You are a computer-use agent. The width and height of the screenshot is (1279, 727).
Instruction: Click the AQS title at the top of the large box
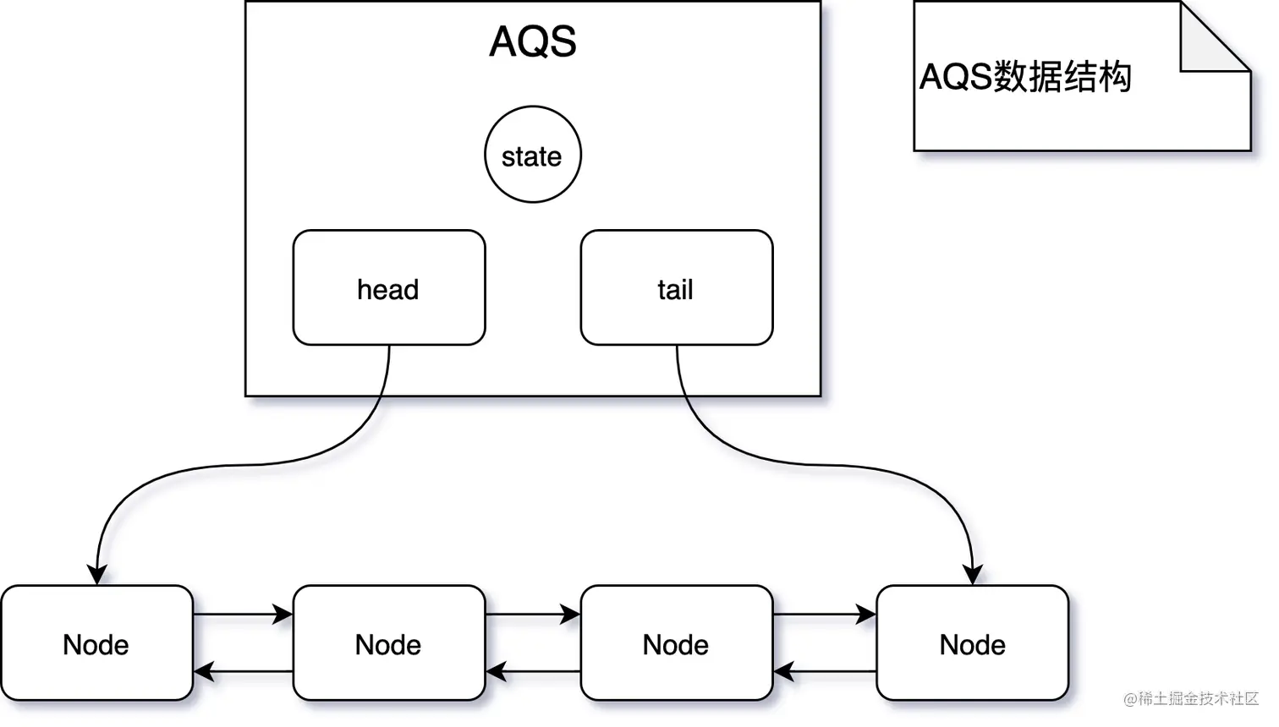coord(533,41)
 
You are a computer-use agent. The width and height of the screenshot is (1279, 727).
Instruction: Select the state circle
coord(533,155)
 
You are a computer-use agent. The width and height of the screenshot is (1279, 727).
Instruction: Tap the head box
coord(389,288)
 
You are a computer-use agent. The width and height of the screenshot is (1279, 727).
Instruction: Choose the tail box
coord(676,288)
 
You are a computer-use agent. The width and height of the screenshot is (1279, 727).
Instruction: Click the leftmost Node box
coord(96,643)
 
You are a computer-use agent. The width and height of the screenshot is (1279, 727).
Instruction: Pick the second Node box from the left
coord(389,643)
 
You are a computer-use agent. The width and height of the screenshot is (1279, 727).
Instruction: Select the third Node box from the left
coord(676,643)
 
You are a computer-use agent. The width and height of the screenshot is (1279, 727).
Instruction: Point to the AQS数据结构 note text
coord(1025,77)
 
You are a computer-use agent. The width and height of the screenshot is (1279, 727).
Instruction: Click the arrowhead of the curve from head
coord(97,574)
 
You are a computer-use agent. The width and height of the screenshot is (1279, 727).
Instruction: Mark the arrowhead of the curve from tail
coord(973,574)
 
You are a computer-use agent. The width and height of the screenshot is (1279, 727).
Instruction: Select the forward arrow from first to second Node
coord(244,615)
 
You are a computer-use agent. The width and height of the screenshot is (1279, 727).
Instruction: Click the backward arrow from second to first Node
coord(244,672)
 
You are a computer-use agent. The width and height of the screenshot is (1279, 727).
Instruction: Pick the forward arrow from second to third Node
coord(533,615)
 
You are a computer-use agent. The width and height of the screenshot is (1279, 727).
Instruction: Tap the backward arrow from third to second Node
coord(533,672)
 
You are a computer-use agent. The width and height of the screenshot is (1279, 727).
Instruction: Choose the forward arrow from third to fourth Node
coord(825,615)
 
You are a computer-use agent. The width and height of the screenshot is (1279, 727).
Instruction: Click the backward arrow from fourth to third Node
coord(825,672)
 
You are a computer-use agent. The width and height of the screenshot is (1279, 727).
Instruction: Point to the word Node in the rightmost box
coord(972,645)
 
